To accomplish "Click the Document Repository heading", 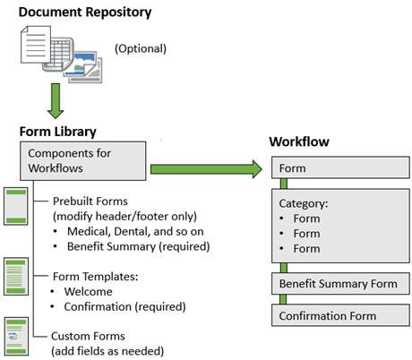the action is coord(85,13).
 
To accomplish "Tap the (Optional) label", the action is coord(141,48).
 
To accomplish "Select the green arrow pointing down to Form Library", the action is coord(56,101).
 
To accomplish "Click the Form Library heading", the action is coord(58,132).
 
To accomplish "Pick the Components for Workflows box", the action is coord(83,161).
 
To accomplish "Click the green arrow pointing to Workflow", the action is coord(206,169).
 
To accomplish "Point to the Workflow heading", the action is coord(299,141).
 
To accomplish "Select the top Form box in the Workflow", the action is coord(340,167).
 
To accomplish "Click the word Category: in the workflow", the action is coord(304,203).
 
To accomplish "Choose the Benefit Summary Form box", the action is coord(340,283).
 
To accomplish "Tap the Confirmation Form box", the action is coord(340,315).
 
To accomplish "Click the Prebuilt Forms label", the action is coord(90,201).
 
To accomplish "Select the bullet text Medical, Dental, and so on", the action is coord(135,232).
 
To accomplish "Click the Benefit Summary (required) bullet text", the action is coord(139,246).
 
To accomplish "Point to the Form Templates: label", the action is coord(96,277).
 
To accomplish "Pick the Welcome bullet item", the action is coord(89,292).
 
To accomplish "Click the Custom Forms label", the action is coord(88,336).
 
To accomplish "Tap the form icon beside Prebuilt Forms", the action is coord(16,206).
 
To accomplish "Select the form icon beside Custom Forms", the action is coord(16,336).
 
